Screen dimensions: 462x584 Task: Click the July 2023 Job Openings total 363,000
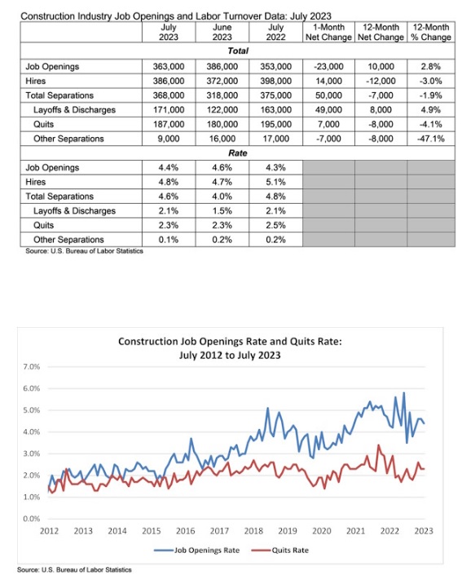click(x=169, y=67)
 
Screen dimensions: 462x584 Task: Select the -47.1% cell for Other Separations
click(x=431, y=139)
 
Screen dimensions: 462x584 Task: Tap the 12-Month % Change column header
click(x=431, y=33)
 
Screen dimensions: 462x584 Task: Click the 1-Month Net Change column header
click(x=328, y=33)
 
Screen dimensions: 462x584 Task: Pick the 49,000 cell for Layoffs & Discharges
click(x=328, y=110)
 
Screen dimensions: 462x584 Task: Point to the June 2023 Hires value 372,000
click(x=222, y=82)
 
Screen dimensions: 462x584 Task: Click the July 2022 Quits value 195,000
click(x=275, y=125)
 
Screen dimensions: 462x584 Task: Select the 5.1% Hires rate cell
click(x=275, y=182)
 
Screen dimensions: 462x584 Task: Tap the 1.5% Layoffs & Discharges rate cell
click(x=222, y=211)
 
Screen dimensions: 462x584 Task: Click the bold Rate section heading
click(x=238, y=153)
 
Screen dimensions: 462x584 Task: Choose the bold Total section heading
click(x=238, y=51)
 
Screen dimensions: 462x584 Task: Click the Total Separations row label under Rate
click(x=59, y=197)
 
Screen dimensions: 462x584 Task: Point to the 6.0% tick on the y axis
click(x=32, y=388)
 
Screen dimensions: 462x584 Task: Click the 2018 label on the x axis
click(x=253, y=531)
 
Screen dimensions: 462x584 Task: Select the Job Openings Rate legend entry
click(x=197, y=551)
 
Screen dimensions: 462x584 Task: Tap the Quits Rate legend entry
click(x=280, y=551)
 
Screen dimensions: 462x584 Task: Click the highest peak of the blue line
click(x=403, y=392)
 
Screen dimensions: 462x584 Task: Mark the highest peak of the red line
click(x=379, y=445)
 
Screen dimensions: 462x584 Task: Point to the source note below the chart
click(x=74, y=570)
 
